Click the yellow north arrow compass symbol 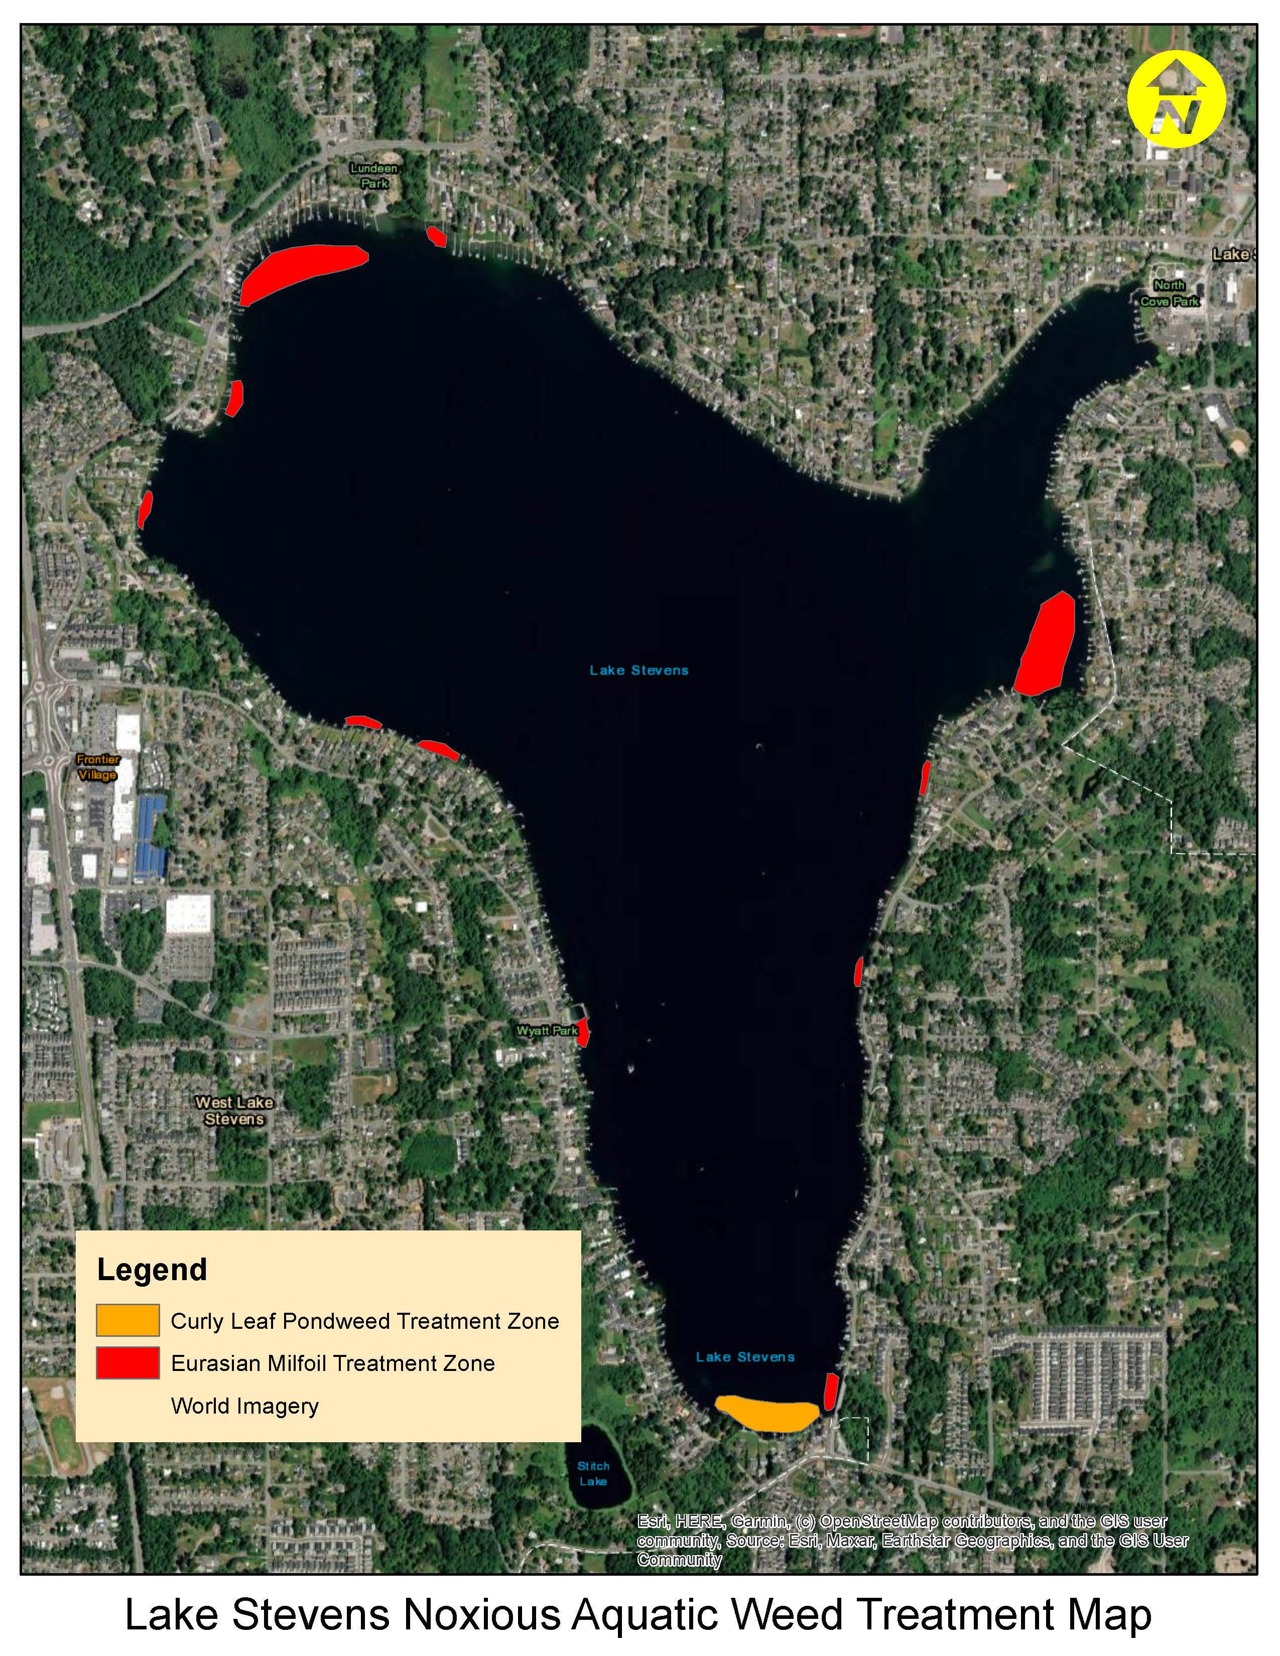pyautogui.click(x=1176, y=99)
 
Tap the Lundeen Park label pyautogui.click(x=374, y=175)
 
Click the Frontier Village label pyautogui.click(x=98, y=767)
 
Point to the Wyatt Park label pyautogui.click(x=547, y=1030)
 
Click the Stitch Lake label pyautogui.click(x=593, y=1473)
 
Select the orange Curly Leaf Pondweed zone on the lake pyautogui.click(x=767, y=1413)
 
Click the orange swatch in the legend pyautogui.click(x=127, y=1320)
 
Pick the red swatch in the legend pyautogui.click(x=127, y=1362)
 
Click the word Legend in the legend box pyautogui.click(x=152, y=1269)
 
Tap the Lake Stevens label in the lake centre pyautogui.click(x=639, y=670)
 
